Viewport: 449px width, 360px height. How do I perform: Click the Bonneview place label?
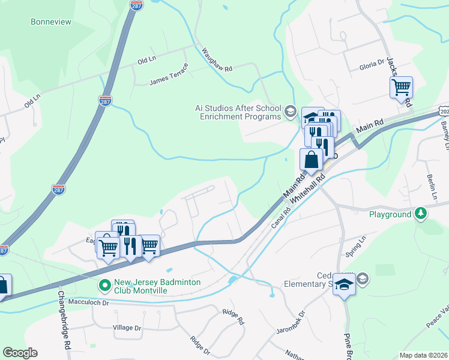tap(51, 22)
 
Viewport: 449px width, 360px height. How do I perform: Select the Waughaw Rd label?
tap(217, 59)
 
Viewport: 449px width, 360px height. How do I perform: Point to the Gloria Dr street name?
tap(371, 63)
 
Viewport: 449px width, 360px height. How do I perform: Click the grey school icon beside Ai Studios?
tap(291, 110)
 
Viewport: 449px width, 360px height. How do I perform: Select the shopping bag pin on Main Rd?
tap(311, 160)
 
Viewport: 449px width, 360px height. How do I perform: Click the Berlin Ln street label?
tap(432, 187)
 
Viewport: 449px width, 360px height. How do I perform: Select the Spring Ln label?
tap(354, 246)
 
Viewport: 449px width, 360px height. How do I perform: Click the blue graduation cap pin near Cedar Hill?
tap(344, 283)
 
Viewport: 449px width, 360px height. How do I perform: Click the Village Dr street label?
tap(127, 328)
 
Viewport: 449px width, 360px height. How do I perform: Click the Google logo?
tap(20, 353)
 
